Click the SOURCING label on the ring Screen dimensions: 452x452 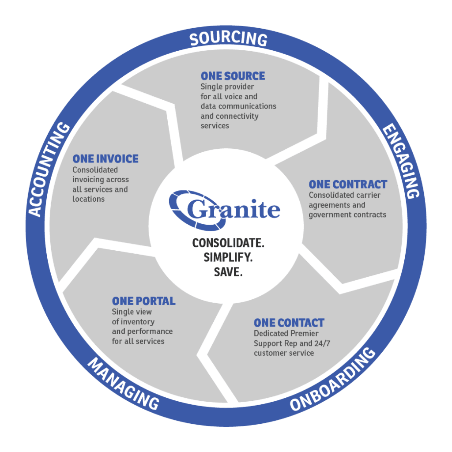[228, 39]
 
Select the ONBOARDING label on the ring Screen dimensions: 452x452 [333, 379]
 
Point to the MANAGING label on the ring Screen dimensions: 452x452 [124, 384]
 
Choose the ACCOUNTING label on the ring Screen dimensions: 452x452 [49, 169]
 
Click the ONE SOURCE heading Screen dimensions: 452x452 [233, 76]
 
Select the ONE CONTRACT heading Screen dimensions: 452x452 [348, 185]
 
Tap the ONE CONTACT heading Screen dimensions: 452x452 [289, 323]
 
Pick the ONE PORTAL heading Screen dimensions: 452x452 [143, 301]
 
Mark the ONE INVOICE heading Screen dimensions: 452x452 [105, 159]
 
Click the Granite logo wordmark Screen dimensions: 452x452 [225, 210]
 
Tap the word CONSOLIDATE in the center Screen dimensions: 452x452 [228, 243]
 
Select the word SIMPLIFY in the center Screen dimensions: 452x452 [228, 257]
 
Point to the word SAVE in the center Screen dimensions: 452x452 [228, 272]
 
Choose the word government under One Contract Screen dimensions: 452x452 [328, 215]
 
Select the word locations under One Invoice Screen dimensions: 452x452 [88, 199]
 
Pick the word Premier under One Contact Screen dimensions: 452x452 [305, 334]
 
